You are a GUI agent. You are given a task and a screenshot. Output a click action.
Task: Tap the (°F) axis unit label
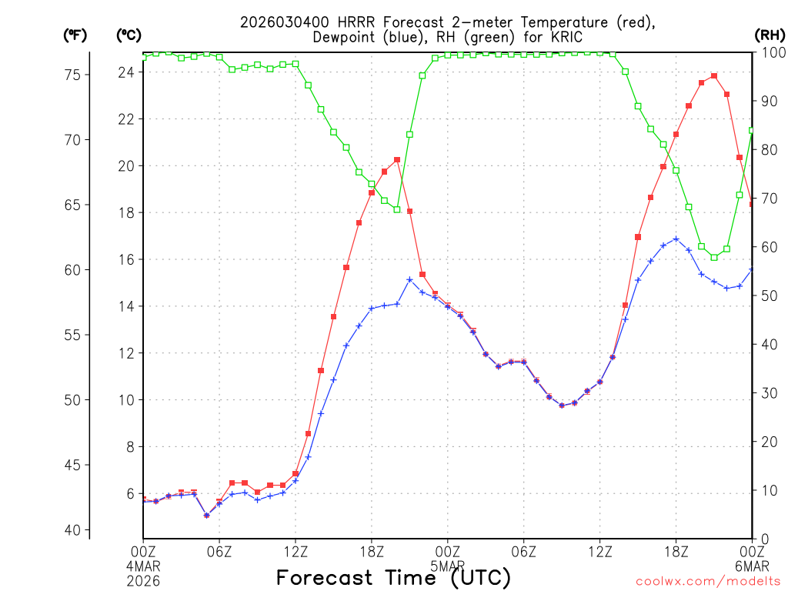75,35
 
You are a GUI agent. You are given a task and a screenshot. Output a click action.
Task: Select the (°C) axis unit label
129,35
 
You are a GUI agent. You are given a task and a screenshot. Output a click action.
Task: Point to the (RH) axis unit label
769,35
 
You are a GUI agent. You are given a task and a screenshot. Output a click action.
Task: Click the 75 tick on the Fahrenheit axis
72,75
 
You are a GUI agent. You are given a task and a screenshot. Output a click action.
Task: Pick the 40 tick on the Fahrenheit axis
72,530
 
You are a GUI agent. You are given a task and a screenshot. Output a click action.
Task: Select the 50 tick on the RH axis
766,295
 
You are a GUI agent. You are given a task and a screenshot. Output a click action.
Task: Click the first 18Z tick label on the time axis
372,551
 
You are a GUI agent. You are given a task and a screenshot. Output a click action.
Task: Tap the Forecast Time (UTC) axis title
393,577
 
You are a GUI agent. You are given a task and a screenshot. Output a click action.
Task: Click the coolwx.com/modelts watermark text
708,582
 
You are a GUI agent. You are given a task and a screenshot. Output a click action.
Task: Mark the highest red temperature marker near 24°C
714,75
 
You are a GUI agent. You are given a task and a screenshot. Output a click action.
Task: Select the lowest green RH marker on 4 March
397,209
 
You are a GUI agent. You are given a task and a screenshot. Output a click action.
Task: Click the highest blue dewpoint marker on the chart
676,239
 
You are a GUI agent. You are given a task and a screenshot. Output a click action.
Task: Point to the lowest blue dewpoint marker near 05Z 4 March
206,515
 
